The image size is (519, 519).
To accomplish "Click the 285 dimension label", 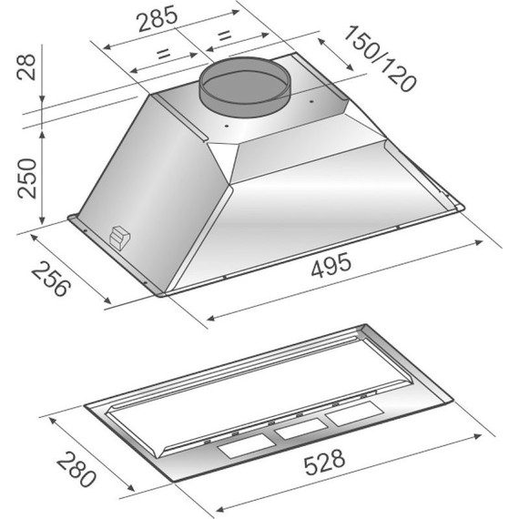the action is click(158, 19).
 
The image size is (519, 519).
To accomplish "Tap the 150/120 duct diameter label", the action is click(380, 58).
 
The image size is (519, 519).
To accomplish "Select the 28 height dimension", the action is click(25, 66).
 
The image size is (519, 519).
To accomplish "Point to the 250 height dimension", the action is click(27, 178).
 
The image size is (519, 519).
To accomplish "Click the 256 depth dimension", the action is click(51, 279).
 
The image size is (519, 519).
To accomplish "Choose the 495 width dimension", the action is click(331, 264).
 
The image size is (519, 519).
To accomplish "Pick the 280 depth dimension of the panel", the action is click(76, 469).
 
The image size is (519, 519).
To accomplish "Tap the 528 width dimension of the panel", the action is click(324, 462).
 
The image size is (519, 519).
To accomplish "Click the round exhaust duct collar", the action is click(245, 86).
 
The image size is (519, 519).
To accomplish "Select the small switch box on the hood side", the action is click(120, 237).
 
